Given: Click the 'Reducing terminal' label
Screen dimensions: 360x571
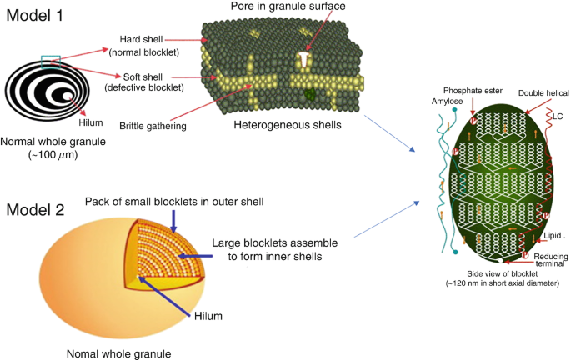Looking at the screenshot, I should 544,257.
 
